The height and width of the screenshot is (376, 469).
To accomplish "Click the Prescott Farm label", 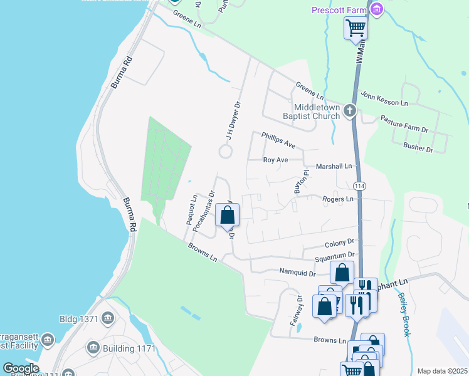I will click(x=339, y=10).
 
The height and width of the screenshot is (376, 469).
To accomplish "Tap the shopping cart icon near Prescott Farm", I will click(x=356, y=28).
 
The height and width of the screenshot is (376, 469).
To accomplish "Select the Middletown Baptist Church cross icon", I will click(x=350, y=112).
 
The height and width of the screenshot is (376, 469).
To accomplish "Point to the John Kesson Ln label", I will click(x=384, y=99).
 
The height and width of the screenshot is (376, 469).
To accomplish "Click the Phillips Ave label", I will click(x=278, y=139).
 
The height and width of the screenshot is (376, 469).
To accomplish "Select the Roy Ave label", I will click(x=275, y=160).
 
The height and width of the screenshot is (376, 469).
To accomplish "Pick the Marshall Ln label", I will click(x=335, y=166).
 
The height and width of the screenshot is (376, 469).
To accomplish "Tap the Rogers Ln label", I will click(x=338, y=199).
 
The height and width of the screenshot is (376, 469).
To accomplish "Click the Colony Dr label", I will click(x=340, y=243).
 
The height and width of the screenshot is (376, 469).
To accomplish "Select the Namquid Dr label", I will click(x=297, y=272).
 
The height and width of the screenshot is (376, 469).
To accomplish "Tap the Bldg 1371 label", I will click(x=79, y=319).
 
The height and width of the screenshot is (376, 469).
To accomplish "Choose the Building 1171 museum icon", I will click(x=94, y=347).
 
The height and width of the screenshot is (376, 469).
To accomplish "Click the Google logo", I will click(x=21, y=368).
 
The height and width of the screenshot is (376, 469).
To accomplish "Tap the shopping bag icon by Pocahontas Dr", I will click(x=227, y=216).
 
